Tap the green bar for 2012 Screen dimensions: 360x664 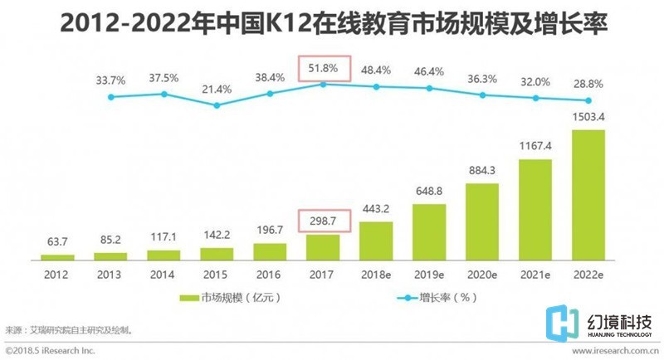tap(57, 257)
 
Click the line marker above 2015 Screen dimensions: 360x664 tap(217, 105)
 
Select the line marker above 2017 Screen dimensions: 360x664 tap(323, 84)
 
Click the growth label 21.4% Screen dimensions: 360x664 tap(217, 88)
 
